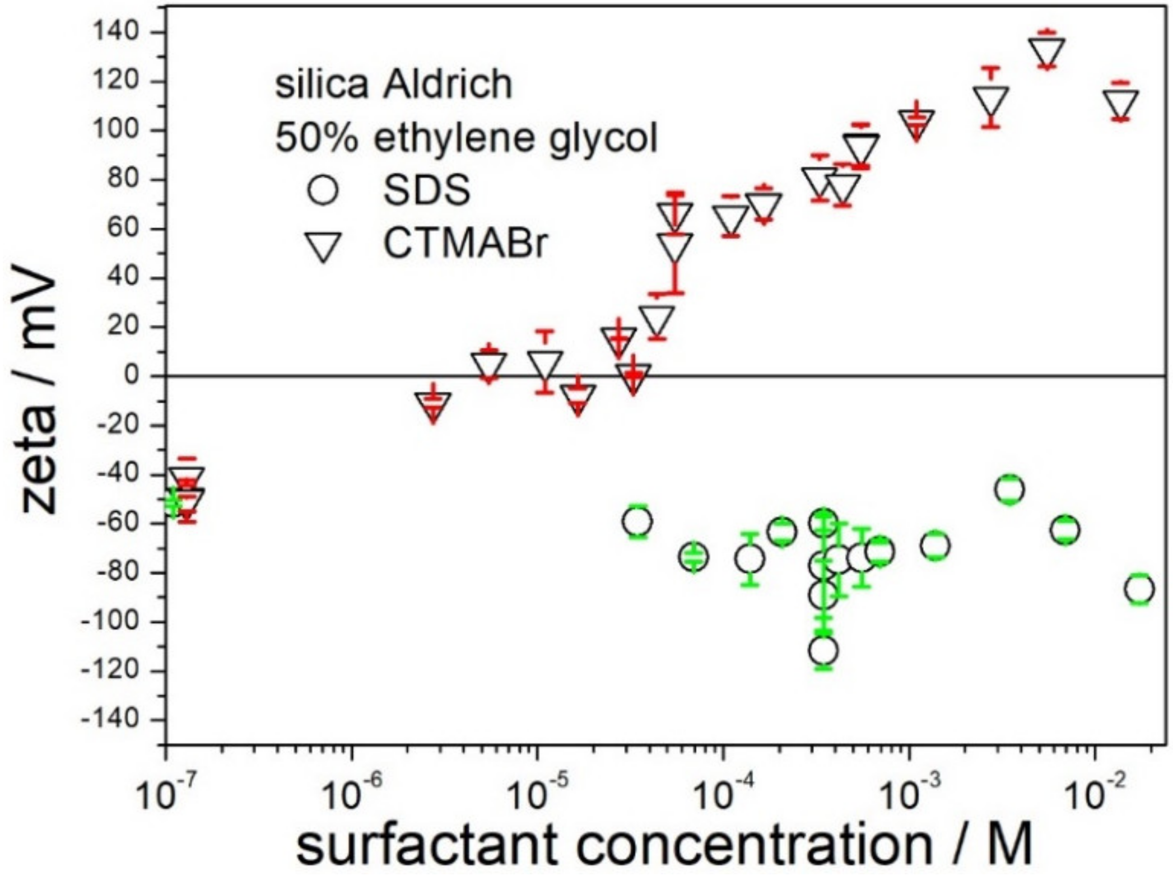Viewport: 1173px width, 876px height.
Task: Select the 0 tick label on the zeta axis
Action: pos(132,376)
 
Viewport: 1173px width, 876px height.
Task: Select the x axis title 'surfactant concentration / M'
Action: pos(664,845)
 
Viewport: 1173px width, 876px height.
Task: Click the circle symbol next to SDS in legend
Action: pos(323,190)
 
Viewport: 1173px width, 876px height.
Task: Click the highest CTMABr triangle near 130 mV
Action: pos(1046,52)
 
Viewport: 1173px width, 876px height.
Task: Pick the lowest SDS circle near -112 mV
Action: pos(823,651)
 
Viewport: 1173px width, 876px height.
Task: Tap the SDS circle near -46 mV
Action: pos(1010,490)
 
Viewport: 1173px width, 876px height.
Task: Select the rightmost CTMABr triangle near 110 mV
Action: pos(1121,102)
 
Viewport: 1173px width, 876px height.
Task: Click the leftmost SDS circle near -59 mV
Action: pos(637,522)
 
